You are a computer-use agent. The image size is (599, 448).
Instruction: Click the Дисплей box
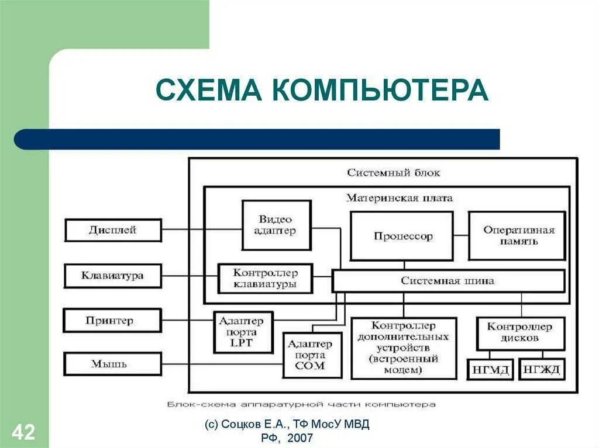tap(113, 230)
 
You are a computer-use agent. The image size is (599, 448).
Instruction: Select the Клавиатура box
tap(113, 275)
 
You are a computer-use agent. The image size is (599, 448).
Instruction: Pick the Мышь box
tap(113, 364)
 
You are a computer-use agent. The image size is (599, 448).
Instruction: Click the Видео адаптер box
tap(275, 225)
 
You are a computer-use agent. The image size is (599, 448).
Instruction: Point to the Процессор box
tap(402, 236)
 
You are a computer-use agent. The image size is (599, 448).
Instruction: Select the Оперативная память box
tap(518, 235)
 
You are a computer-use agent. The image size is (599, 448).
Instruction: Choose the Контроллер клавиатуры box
tap(266, 279)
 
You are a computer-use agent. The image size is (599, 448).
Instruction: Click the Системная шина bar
tap(448, 281)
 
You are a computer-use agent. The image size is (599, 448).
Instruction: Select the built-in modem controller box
tap(404, 348)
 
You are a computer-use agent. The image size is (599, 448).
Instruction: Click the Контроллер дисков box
tap(521, 333)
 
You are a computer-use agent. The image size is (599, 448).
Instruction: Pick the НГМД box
tap(490, 369)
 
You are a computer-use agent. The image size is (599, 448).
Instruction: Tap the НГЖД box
tap(542, 369)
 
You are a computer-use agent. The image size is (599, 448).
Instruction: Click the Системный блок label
tap(393, 173)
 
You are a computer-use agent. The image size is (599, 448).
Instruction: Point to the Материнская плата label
tap(400, 198)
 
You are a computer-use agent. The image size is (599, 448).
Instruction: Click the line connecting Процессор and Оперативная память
tap(461, 236)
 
